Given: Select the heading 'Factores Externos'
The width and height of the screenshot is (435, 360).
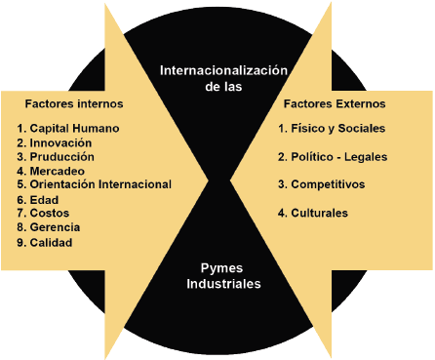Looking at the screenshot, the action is pos(335,102).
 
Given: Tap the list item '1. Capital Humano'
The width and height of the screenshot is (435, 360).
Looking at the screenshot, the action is pos(68,128).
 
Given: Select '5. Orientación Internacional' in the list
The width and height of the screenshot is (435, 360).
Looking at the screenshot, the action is pos(95,184).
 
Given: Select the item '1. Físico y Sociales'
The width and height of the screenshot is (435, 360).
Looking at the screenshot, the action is pos(332,128).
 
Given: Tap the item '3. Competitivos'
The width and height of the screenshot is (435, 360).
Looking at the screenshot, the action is pos(322,184).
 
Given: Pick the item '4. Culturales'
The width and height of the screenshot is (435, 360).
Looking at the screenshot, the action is pos(313,213).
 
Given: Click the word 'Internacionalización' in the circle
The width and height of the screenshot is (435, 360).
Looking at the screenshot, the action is pos(225,70).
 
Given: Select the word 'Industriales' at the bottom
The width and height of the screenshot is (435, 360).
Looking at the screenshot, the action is pos(225,284).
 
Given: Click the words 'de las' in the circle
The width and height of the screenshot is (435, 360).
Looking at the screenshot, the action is pos(225,86).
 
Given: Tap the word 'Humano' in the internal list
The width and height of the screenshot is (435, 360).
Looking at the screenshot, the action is pos(98,128).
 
